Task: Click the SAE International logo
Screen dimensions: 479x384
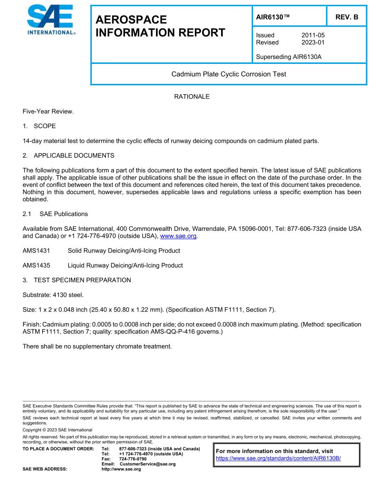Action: tap(51, 20)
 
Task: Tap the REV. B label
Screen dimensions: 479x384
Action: tap(346, 17)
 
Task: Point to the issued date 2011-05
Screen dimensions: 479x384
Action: tap(313, 35)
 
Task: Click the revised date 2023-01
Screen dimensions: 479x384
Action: tap(313, 42)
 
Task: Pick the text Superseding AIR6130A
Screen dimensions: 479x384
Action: tap(289, 57)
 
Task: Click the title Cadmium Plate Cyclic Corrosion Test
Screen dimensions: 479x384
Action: tap(229, 74)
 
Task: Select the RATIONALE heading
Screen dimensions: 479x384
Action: tap(192, 97)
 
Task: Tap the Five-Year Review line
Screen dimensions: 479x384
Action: tap(48, 111)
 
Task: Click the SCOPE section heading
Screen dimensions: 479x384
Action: tap(44, 126)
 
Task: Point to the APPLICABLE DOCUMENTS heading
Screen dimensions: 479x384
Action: tap(74, 156)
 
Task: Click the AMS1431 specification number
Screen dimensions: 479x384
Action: tap(36, 251)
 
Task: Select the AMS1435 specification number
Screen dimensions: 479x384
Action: tap(36, 266)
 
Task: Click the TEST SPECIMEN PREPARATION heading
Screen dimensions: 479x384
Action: tap(82, 280)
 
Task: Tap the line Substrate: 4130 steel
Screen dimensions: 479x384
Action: tap(53, 295)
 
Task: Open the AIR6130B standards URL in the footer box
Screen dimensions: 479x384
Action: tap(279, 458)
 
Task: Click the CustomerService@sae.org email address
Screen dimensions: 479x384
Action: tap(148, 464)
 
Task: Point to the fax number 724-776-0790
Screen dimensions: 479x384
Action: tap(133, 459)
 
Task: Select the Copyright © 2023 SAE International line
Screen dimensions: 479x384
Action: tap(57, 430)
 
